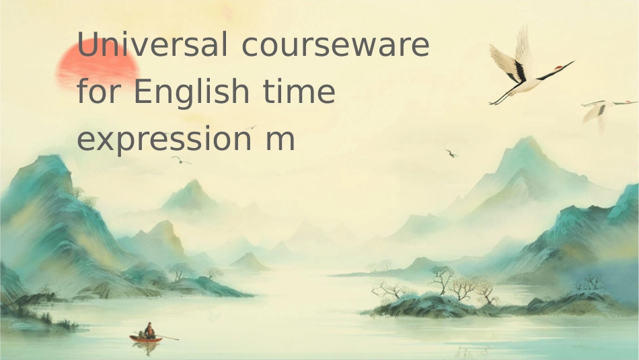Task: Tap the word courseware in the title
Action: click(335, 46)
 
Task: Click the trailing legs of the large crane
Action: click(504, 96)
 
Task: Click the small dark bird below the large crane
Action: click(451, 153)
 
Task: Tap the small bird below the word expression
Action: click(180, 160)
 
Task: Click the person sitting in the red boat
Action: click(149, 329)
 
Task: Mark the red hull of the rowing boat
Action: click(145, 338)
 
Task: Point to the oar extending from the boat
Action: click(167, 336)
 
